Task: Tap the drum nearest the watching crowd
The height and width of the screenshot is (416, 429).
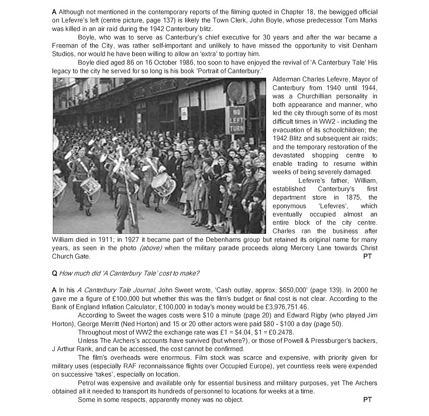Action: click(163, 183)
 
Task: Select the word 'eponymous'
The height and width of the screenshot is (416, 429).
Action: click(289, 206)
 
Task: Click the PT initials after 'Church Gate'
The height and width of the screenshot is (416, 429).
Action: click(367, 257)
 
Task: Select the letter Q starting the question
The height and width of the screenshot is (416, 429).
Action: click(55, 273)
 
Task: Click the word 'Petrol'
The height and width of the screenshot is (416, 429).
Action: click(88, 383)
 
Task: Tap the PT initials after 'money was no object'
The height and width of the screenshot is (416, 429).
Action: click(367, 400)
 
